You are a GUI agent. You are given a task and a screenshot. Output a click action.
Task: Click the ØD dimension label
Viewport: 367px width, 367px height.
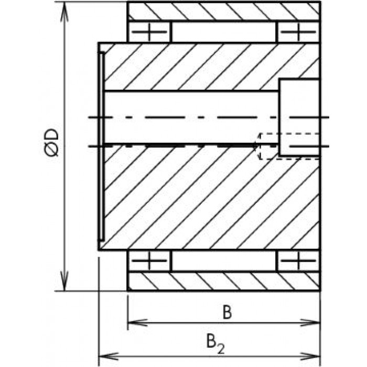pos(51,142)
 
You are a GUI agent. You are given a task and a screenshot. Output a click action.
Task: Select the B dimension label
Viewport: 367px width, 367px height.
pos(227,312)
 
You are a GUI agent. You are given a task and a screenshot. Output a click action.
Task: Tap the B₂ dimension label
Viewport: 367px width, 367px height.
pos(215,344)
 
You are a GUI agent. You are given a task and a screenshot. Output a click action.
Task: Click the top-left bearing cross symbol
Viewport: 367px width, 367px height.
pos(149,31)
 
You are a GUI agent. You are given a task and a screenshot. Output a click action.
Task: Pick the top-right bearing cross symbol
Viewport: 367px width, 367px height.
pos(298,31)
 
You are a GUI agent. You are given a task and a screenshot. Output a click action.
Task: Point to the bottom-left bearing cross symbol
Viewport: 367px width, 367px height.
pos(149,261)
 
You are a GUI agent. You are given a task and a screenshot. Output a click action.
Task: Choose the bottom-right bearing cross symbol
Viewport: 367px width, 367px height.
pos(298,261)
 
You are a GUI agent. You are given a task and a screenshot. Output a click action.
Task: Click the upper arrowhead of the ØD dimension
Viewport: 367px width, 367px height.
pos(64,12)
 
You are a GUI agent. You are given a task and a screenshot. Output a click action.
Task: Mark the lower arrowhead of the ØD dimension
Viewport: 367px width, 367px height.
pos(64,281)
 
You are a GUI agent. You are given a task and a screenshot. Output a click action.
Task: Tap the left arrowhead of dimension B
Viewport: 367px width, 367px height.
pos(137,322)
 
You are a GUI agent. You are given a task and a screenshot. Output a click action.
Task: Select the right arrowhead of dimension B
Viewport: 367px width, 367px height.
pos(310,322)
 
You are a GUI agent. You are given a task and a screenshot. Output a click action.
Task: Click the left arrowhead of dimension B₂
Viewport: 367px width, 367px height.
pos(109,356)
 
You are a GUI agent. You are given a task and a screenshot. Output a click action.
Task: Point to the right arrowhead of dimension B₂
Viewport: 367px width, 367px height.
pos(310,356)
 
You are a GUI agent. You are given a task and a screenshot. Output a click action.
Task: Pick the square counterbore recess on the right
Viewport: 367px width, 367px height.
pos(299,117)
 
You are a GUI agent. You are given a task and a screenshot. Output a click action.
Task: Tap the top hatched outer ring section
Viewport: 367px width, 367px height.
pos(223,11)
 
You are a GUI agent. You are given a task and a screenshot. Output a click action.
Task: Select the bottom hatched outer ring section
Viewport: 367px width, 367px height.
pos(223,281)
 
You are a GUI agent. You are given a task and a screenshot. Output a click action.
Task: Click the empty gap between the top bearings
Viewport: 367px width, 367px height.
pos(224,31)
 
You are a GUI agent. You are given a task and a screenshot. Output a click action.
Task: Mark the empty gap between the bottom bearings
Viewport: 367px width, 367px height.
pos(224,261)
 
